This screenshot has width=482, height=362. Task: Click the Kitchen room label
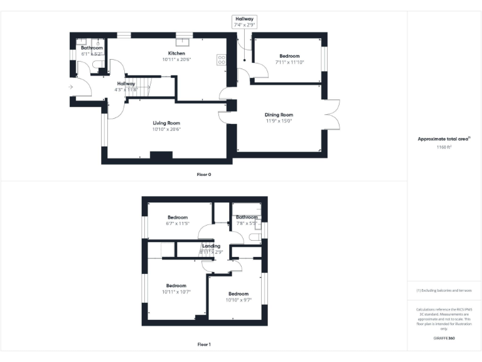176,53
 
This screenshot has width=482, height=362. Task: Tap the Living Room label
166,123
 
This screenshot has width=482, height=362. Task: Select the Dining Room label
279,115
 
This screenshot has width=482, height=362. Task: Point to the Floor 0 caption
204,174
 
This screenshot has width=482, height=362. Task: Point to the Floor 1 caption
204,344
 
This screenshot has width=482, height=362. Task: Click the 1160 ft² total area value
444,147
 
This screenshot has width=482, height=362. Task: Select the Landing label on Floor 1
212,246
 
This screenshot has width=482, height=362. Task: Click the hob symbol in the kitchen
222,60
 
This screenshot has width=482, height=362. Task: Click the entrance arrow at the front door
71,87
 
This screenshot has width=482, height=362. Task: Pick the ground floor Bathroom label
92,48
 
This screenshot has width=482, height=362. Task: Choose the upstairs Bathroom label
247,217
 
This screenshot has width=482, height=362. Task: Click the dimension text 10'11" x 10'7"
176,292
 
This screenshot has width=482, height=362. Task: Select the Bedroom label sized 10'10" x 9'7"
238,294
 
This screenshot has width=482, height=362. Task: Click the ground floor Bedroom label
289,56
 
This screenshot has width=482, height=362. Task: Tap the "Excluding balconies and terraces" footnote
444,290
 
